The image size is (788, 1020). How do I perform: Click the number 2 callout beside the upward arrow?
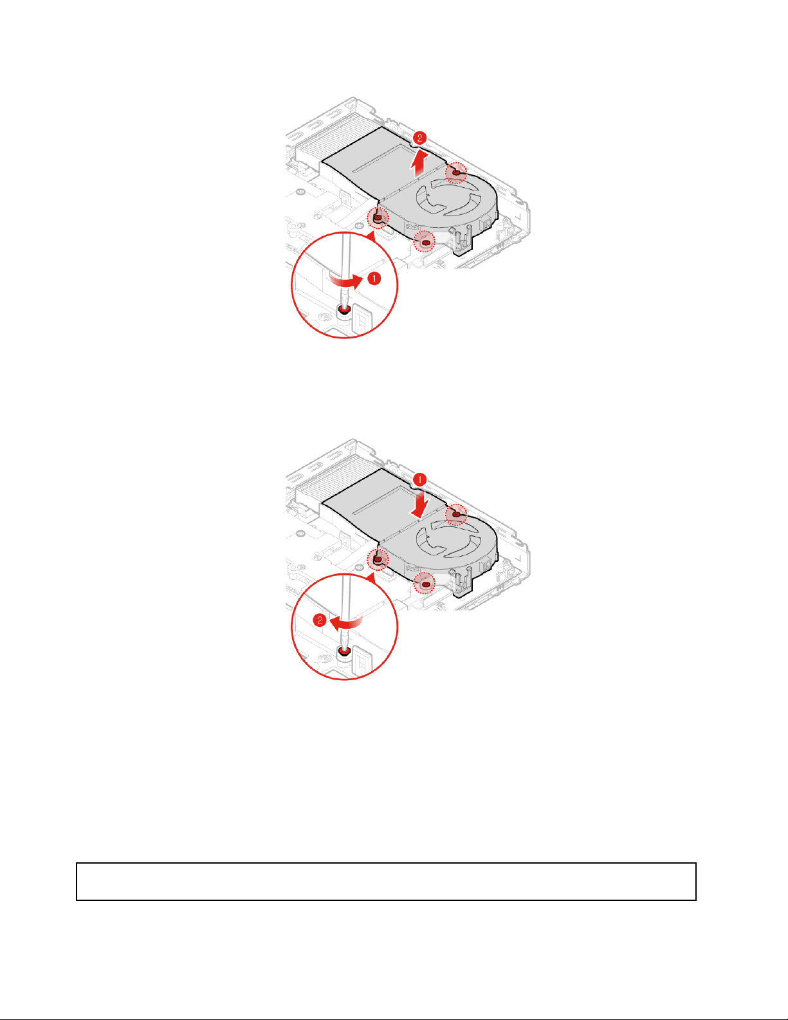tap(419, 138)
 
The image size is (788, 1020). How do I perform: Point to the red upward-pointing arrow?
tap(419, 163)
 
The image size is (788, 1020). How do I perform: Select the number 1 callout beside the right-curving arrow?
tap(374, 279)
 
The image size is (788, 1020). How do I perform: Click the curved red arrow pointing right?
tap(346, 281)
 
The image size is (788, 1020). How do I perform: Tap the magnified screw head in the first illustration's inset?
tap(345, 310)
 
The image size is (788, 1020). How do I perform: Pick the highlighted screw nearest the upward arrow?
tap(456, 173)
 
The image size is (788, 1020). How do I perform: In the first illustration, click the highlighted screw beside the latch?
tap(426, 243)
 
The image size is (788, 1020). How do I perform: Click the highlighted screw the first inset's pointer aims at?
tap(378, 218)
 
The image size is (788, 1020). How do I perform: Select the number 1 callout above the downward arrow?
tap(419, 479)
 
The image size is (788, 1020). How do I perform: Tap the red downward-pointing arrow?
tap(421, 505)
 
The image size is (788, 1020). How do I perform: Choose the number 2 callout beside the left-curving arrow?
tap(320, 620)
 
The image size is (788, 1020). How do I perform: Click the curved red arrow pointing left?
tap(346, 623)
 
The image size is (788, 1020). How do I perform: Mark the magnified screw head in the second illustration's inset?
tap(345, 651)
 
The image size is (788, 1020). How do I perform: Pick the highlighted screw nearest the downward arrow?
tap(456, 515)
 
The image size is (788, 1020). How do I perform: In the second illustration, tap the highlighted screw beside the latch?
tap(426, 584)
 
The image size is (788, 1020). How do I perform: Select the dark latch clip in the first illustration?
tap(462, 241)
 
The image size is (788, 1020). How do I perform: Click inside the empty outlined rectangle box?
tap(386, 881)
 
